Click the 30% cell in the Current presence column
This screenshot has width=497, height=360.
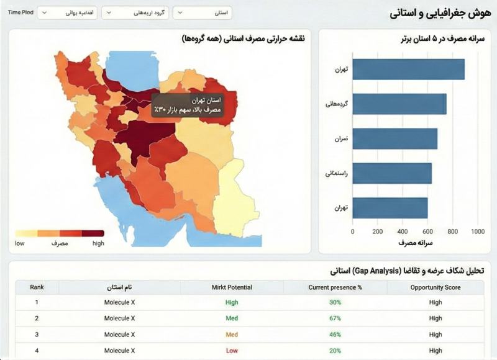(335, 302)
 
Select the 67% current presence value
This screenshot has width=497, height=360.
(335, 318)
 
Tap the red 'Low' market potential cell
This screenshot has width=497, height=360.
(232, 351)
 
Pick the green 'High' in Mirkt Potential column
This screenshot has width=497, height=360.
(232, 302)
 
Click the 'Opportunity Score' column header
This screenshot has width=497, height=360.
(435, 287)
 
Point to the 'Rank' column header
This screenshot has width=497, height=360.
(37, 287)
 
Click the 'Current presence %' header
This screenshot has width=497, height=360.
(335, 287)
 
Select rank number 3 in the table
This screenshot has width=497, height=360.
(37, 335)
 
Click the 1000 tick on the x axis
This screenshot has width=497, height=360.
(478, 232)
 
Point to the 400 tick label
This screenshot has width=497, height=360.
(403, 232)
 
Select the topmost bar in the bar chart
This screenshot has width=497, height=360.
(409, 69)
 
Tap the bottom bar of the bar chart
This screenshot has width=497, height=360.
(390, 207)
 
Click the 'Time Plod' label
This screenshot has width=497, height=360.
(21, 12)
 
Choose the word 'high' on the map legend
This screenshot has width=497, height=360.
(98, 243)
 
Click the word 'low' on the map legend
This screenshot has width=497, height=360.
(20, 243)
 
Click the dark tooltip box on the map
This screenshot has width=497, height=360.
(187, 104)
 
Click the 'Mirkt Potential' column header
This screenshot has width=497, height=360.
(232, 287)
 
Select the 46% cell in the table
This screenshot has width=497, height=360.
(335, 335)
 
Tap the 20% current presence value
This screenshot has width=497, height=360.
(335, 351)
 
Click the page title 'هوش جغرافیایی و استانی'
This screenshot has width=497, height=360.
(439, 13)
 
